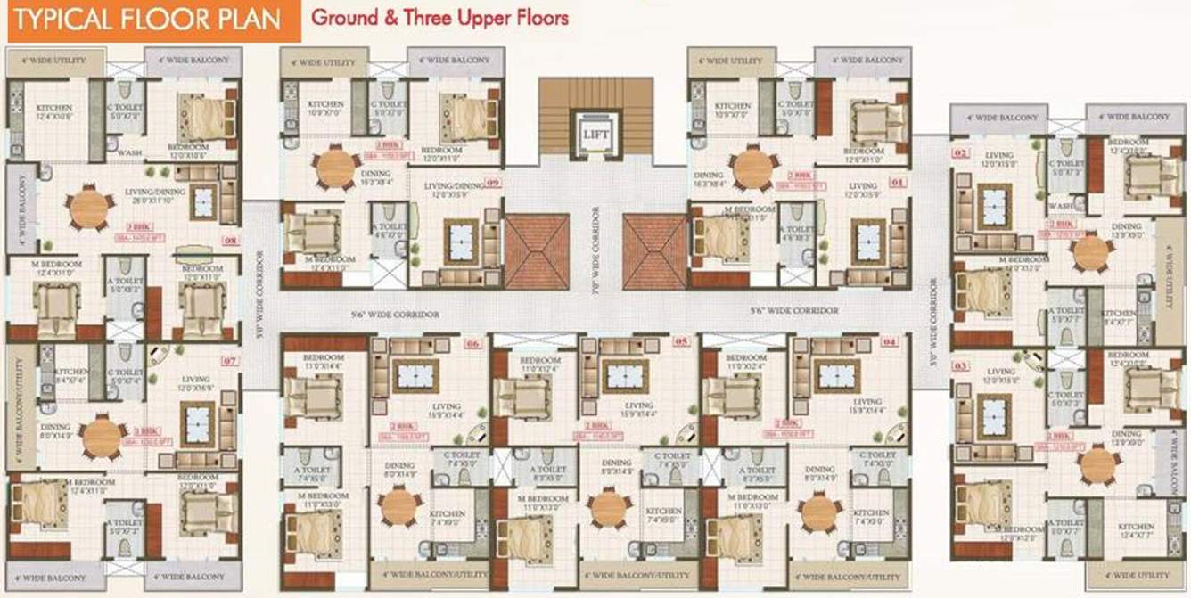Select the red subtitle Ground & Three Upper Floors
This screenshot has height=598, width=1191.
[439, 17]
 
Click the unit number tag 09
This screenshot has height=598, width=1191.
[493, 184]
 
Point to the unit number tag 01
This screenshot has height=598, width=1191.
[896, 184]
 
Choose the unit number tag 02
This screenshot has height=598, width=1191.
[960, 153]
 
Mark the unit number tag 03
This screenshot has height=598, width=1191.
[960, 366]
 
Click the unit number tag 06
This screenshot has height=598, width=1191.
[472, 342]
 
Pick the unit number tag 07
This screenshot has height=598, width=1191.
[230, 361]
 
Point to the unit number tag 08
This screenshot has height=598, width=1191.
[230, 240]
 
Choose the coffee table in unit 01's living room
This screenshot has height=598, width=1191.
[867, 242]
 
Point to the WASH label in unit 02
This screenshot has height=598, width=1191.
[1060, 204]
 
